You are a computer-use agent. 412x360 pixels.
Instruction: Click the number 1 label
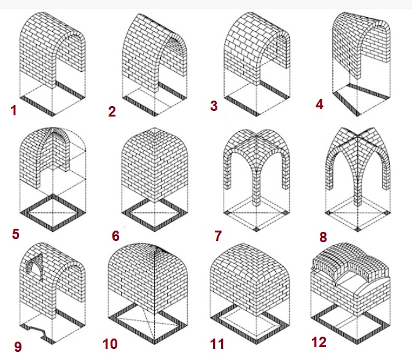click(14, 110)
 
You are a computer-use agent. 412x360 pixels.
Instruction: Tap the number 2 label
click(112, 112)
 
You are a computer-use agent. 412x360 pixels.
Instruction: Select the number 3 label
click(214, 105)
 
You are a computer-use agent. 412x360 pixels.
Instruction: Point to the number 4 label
click(319, 104)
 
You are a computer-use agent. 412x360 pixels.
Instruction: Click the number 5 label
click(16, 234)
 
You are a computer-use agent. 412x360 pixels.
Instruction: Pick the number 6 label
click(115, 236)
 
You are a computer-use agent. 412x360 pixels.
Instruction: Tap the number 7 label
click(218, 236)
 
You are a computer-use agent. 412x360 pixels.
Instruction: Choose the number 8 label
click(323, 237)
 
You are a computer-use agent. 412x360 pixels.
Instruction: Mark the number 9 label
click(18, 347)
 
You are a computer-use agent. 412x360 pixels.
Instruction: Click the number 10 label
click(110, 344)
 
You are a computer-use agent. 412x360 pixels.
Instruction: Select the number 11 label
click(217, 344)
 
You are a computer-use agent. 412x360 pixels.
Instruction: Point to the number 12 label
click(319, 342)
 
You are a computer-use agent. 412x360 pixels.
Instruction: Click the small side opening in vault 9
click(34, 267)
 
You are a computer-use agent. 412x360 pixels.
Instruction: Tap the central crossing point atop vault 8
click(357, 136)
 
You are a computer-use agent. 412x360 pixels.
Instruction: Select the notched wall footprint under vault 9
click(37, 333)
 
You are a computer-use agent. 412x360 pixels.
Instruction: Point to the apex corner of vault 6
click(155, 128)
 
